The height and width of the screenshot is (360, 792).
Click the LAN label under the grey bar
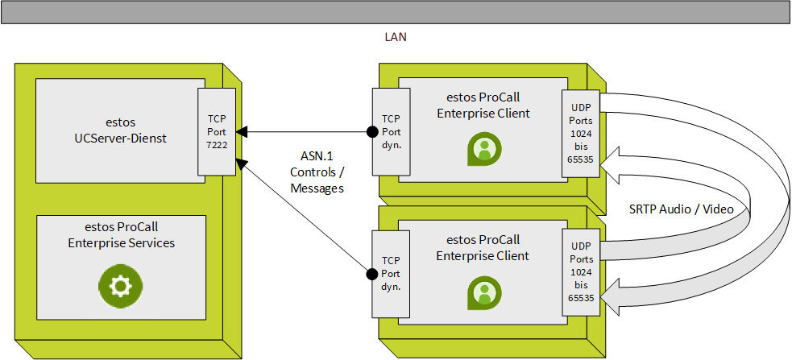click(396, 37)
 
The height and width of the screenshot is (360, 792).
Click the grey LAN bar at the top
click(396, 12)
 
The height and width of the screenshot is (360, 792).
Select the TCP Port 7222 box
click(218, 131)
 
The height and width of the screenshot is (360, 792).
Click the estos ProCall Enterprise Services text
click(121, 234)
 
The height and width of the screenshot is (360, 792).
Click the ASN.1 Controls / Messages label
click(317, 173)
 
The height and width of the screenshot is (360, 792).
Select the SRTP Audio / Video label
click(681, 209)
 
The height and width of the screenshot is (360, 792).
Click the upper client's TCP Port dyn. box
click(391, 131)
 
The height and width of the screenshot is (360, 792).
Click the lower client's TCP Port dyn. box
click(391, 274)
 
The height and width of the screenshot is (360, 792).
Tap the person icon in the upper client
click(484, 149)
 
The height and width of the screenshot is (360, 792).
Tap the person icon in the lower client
click(484, 292)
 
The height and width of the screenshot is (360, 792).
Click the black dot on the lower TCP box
click(372, 275)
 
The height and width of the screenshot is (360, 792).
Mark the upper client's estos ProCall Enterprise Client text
click(483, 105)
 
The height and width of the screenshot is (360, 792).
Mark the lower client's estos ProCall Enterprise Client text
click(483, 247)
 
